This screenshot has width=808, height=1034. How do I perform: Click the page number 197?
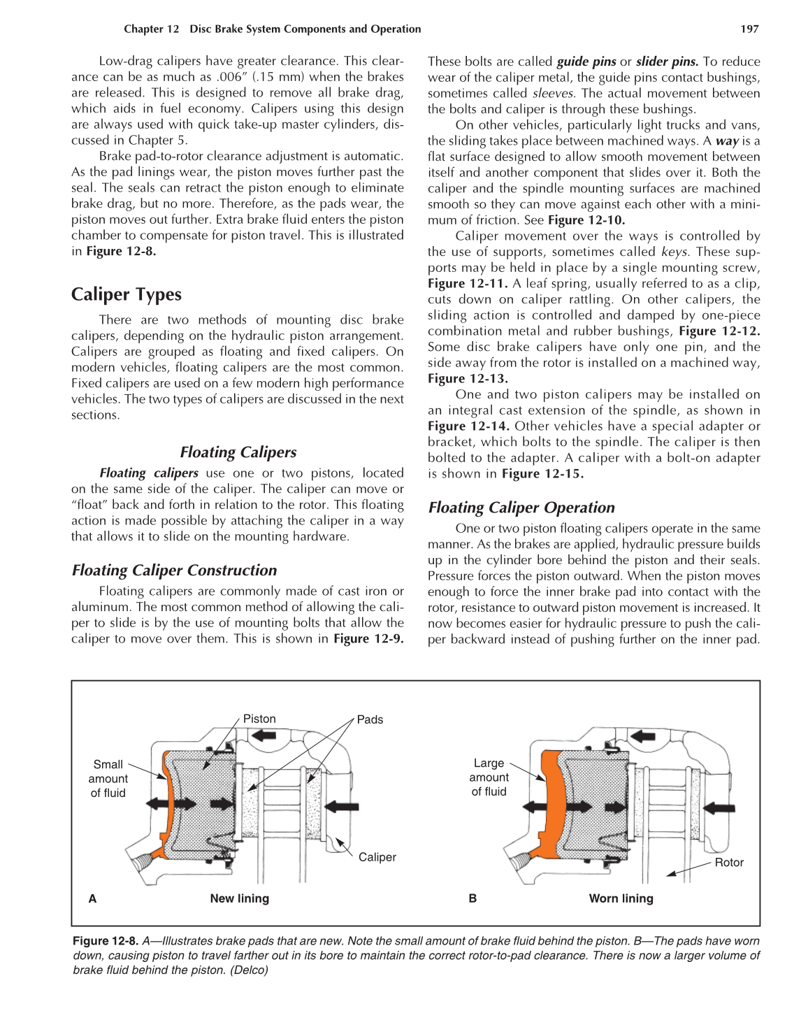pyautogui.click(x=749, y=29)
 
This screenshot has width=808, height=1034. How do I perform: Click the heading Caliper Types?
pyautogui.click(x=127, y=294)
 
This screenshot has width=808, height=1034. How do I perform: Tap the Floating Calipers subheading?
pyautogui.click(x=238, y=452)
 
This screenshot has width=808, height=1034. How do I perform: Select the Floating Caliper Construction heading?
pyautogui.click(x=174, y=570)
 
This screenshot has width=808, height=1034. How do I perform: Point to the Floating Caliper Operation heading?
pyautogui.click(x=521, y=508)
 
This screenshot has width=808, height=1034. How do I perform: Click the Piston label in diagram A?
pyautogui.click(x=259, y=719)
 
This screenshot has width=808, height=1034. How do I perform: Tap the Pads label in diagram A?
pyautogui.click(x=370, y=719)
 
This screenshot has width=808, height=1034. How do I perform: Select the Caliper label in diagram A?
pyautogui.click(x=377, y=857)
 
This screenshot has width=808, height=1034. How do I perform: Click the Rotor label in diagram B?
pyautogui.click(x=729, y=863)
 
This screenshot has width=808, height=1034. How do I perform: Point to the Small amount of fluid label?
pyautogui.click(x=108, y=778)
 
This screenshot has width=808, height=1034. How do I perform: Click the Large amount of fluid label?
pyautogui.click(x=489, y=777)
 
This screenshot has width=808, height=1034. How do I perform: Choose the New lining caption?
pyautogui.click(x=239, y=898)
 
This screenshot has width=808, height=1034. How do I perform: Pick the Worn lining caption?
pyautogui.click(x=621, y=898)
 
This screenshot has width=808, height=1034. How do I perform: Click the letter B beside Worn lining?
pyautogui.click(x=472, y=898)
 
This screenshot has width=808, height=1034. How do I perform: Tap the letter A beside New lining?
pyautogui.click(x=92, y=898)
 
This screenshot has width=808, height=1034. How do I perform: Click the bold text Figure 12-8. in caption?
pyautogui.click(x=106, y=941)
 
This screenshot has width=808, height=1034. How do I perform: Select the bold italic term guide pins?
pyautogui.click(x=586, y=62)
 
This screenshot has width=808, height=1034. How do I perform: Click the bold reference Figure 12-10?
pyautogui.click(x=586, y=220)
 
